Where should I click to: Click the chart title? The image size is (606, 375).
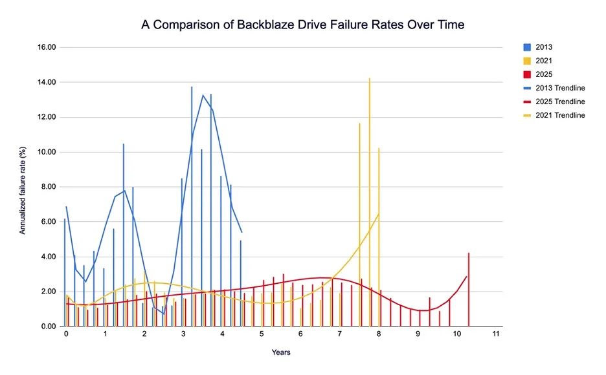pyautogui.click(x=303, y=25)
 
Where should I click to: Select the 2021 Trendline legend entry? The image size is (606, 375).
pyautogui.click(x=560, y=116)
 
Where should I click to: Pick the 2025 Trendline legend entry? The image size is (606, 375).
pyautogui.click(x=560, y=102)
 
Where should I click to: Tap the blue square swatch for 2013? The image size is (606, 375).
pyautogui.click(x=527, y=47)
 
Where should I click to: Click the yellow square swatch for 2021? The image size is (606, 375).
pyautogui.click(x=527, y=61)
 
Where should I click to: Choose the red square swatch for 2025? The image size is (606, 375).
pyautogui.click(x=527, y=74)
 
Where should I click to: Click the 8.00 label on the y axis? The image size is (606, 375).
pyautogui.click(x=49, y=187)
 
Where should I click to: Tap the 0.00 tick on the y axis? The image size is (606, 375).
pyautogui.click(x=49, y=327)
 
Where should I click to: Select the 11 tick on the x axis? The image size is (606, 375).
pyautogui.click(x=496, y=334)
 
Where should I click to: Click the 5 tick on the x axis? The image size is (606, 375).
pyautogui.click(x=262, y=334)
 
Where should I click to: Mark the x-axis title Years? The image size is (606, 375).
pyautogui.click(x=281, y=352)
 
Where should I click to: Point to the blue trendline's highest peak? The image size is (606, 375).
pyautogui.click(x=203, y=95)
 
